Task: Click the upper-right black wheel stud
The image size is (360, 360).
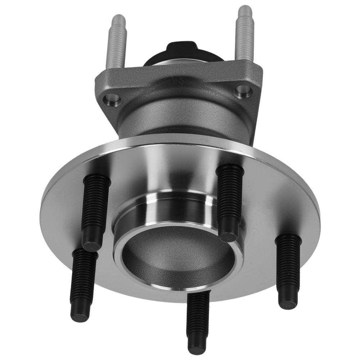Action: (x=230, y=198)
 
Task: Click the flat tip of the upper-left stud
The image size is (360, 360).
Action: (x=91, y=246)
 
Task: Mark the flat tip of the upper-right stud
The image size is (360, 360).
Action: (x=229, y=236)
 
